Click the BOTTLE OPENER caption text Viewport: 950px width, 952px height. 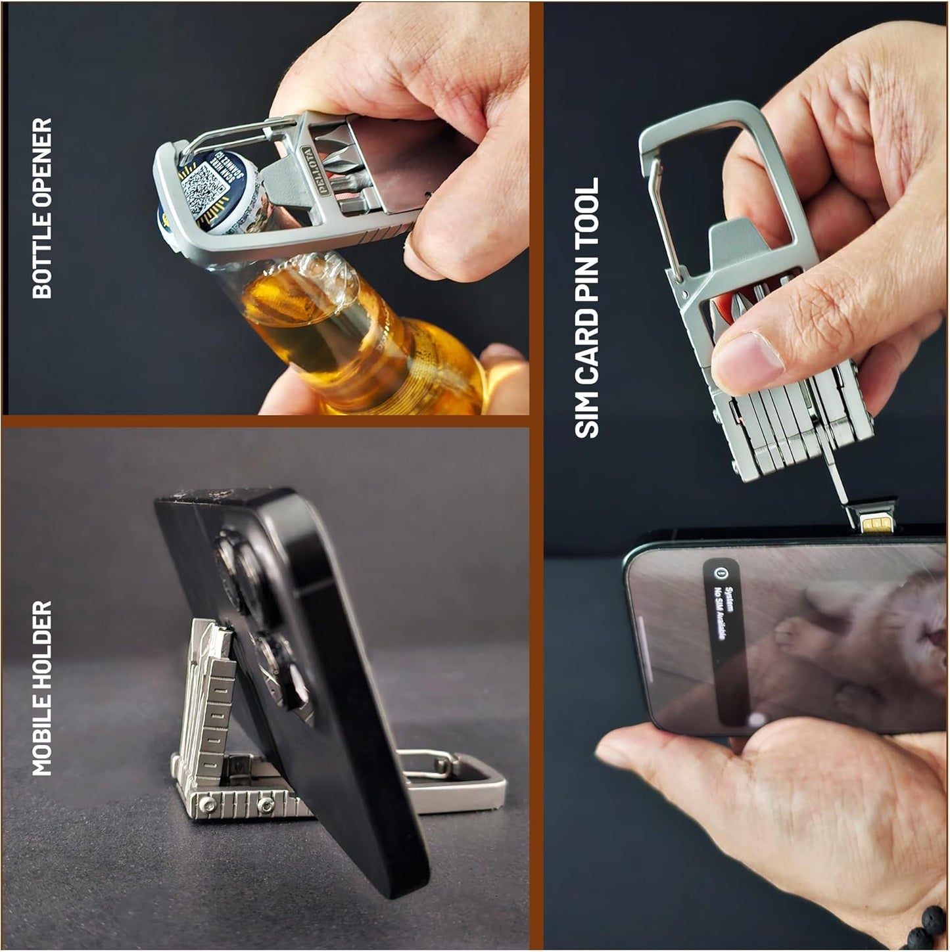click(x=41, y=208)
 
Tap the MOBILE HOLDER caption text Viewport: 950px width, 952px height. click(x=41, y=687)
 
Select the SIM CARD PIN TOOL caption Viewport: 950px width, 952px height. click(x=587, y=307)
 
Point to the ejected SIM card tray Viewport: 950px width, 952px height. click(x=874, y=522)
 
